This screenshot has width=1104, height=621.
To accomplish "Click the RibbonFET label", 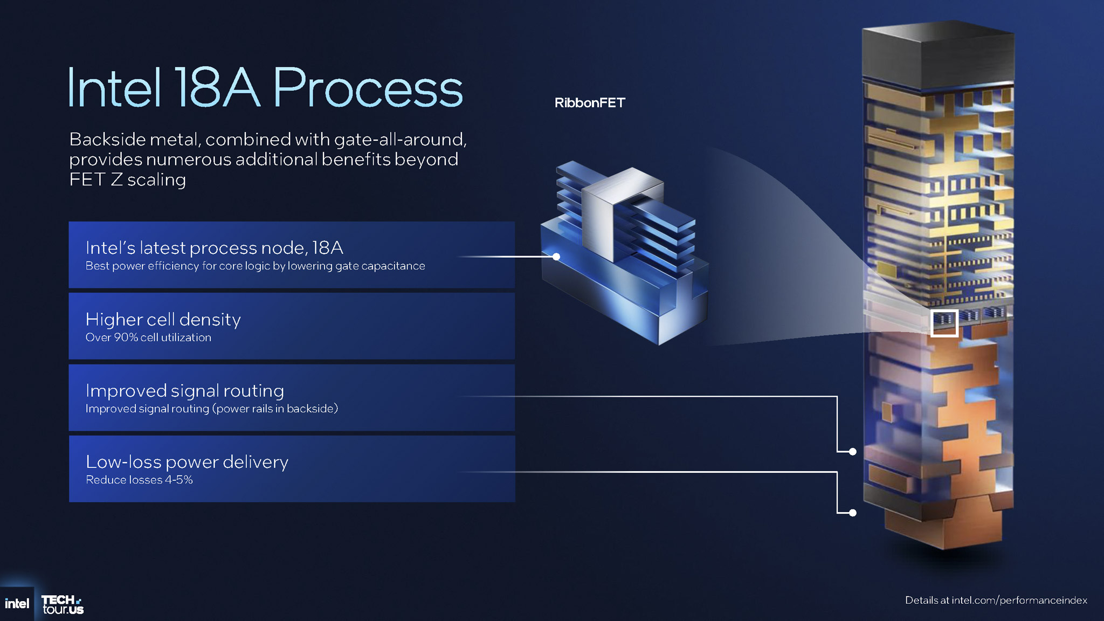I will tap(590, 103).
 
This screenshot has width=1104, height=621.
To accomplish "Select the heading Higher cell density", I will tap(163, 320).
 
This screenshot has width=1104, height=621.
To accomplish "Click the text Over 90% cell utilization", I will tap(148, 337).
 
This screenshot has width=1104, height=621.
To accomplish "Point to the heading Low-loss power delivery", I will tap(187, 462).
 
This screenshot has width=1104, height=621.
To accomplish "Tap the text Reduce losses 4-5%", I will tap(139, 480).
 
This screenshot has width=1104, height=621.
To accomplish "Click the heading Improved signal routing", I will tap(184, 391).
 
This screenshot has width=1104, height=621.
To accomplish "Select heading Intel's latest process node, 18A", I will tap(214, 248).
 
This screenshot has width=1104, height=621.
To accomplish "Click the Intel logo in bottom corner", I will tap(17, 604).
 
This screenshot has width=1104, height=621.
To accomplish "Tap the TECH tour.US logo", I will tap(63, 604).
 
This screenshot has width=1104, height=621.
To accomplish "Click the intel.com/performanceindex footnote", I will tap(996, 600).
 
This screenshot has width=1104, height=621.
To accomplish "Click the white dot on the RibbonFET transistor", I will tap(556, 257).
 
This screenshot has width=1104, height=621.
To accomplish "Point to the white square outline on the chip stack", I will tap(944, 323).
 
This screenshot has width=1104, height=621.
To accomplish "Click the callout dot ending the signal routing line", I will tap(852, 452).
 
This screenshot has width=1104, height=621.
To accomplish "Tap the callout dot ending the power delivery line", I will tap(852, 513).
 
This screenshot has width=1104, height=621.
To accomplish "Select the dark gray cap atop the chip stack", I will tap(938, 54).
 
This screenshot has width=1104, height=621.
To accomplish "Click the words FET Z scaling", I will tap(127, 180).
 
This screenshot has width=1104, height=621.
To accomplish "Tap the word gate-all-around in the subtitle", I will tap(399, 140).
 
